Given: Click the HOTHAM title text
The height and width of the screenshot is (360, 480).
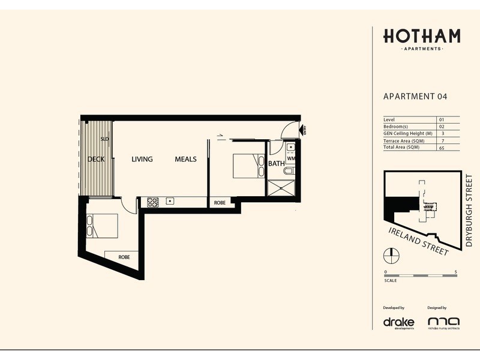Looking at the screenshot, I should click(422, 36).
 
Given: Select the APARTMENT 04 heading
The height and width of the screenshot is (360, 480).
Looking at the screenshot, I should click(415, 96).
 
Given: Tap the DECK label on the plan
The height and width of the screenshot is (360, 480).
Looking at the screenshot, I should click(96, 160).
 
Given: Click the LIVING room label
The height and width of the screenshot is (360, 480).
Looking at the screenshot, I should click(142, 160).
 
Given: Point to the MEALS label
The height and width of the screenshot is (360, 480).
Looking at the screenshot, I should click(186, 160).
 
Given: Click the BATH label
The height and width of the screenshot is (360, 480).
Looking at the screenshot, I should click(276, 163).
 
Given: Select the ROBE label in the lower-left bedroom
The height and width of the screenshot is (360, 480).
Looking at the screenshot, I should click(124, 257).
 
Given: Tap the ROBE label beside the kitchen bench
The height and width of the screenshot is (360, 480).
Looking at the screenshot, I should click(220, 203).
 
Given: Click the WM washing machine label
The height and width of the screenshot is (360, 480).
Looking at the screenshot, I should click(290, 159).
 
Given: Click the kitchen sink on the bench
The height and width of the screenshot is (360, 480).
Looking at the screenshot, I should click(170, 200).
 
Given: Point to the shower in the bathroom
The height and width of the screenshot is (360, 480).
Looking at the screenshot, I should click(281, 188).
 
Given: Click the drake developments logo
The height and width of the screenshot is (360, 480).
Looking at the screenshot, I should click(398, 322).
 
